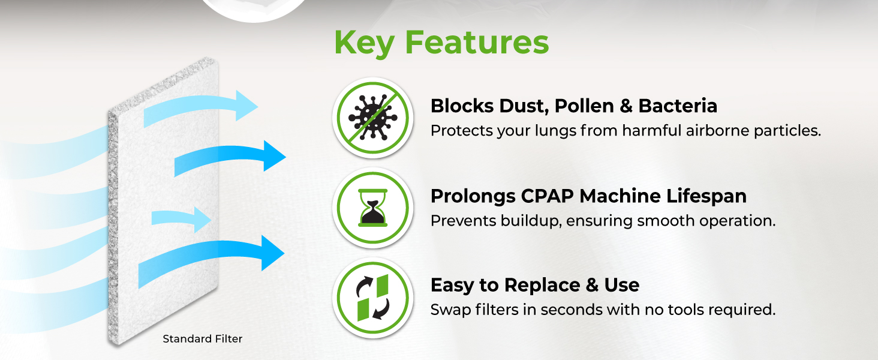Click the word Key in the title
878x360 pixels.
click(364, 43)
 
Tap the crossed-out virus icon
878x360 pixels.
click(373, 118)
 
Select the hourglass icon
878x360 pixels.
click(373, 208)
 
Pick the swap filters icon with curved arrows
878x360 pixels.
click(373, 298)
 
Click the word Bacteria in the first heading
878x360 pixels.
click(678, 106)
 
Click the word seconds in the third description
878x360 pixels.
click(572, 310)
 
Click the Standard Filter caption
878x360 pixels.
click(202, 339)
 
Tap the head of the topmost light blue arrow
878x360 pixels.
click(246, 106)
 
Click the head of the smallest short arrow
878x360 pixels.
click(203, 220)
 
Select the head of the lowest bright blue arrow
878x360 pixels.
click(273, 253)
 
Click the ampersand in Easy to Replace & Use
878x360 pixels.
click(592, 285)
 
